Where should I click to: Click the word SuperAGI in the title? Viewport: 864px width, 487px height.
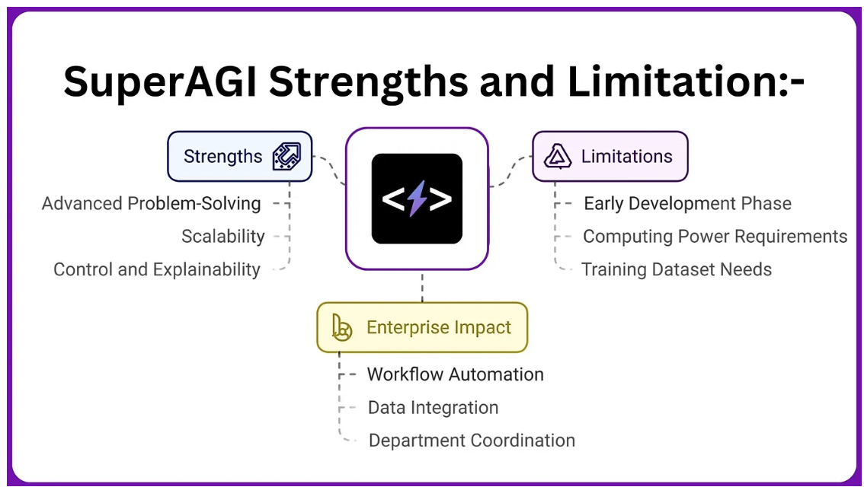point(160,81)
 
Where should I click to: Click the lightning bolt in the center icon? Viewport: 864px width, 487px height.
point(417,199)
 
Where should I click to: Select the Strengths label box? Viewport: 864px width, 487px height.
point(239,157)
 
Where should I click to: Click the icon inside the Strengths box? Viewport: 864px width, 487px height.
point(286,157)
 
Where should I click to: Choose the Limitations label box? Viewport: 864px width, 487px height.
point(610,157)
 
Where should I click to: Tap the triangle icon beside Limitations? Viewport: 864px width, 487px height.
point(558,157)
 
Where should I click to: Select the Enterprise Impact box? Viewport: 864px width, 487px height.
point(422,328)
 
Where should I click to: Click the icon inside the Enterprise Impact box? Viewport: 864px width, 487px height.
point(342,328)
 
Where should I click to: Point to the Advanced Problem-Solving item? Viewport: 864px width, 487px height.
point(151,204)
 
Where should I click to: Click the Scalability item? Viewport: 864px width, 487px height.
point(222,237)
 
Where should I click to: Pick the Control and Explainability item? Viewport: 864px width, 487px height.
point(157,269)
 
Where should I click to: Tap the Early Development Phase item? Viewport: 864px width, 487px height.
point(687,204)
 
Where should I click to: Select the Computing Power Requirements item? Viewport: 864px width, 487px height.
point(715,237)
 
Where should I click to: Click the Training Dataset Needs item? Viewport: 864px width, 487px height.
point(677,269)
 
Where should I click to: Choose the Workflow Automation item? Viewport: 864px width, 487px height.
point(455,374)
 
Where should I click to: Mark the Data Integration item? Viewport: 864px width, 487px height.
point(433,408)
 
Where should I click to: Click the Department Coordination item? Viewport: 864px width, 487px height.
point(472,441)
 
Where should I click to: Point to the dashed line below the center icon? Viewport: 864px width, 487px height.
point(422,286)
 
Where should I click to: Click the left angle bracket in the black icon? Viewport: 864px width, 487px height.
point(392,199)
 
